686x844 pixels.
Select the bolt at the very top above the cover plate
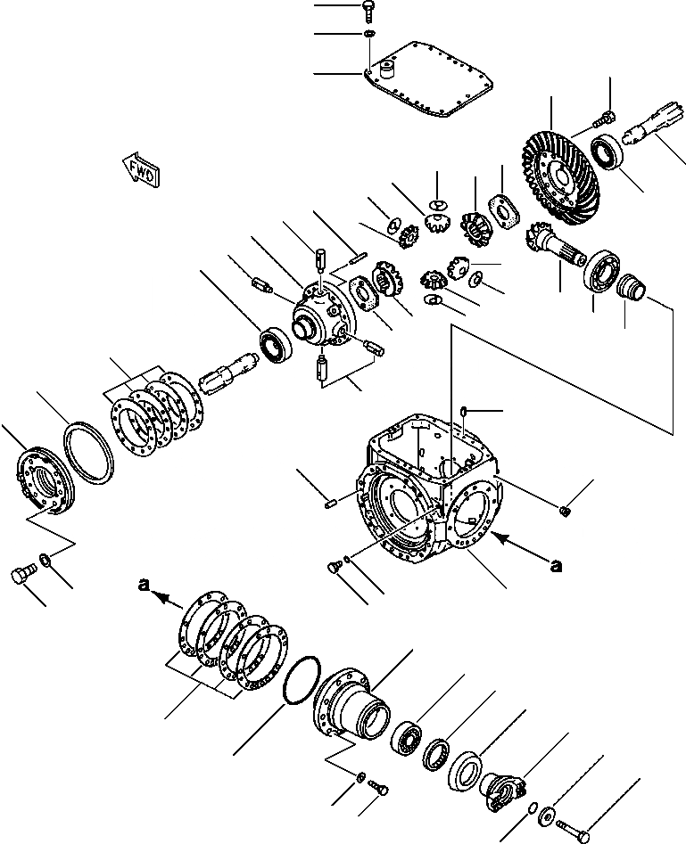(x=369, y=9)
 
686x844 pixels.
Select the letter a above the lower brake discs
(x=142, y=585)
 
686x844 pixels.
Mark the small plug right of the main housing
(x=566, y=510)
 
